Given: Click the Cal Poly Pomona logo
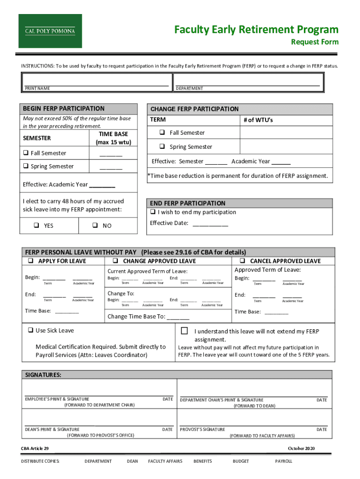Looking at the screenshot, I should coord(50,31).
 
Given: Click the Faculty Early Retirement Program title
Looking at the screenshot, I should coord(256,30).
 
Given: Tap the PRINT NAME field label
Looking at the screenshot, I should coord(38,88).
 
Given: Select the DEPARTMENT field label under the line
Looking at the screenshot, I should coord(189,88).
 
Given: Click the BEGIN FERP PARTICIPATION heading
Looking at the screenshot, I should coord(64,109).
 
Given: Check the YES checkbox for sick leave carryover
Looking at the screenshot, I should coord(36,225).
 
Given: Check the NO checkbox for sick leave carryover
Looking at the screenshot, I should coord(94,225).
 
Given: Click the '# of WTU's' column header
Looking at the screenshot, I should coord(258,120).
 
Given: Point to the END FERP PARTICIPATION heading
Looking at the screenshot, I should coord(187,203).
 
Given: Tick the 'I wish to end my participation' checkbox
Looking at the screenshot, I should coord(152,212).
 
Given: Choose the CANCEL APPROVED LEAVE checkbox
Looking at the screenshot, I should coord(243,261).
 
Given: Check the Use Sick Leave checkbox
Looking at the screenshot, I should coord(30,330).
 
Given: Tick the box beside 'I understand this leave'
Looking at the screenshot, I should coord(184,331).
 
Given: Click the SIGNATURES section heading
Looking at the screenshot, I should coord(43,375).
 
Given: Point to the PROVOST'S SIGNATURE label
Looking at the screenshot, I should coord(202,429).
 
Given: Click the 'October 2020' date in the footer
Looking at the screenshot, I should coord(302,449).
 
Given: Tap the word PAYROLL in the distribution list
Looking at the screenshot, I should coord(284,461).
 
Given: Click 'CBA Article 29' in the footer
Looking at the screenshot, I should coord(35,449).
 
